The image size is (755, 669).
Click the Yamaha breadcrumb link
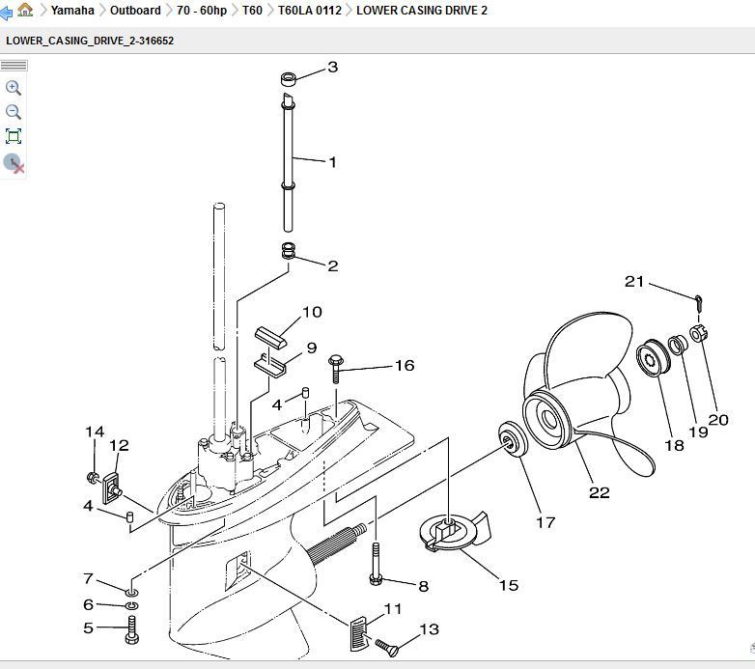point(72,11)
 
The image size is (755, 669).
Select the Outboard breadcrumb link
point(135,11)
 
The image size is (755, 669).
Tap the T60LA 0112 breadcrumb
point(309,11)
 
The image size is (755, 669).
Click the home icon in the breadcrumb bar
point(25,10)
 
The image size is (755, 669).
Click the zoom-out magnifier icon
point(14,112)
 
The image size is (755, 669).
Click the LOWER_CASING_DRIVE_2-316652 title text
point(90,42)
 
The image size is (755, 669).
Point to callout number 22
point(599,492)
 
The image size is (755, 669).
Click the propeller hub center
point(550,419)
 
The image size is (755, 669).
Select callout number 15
point(508,585)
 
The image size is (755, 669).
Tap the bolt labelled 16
point(336,366)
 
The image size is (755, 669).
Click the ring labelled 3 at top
point(287,78)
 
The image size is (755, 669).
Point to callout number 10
point(312,312)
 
